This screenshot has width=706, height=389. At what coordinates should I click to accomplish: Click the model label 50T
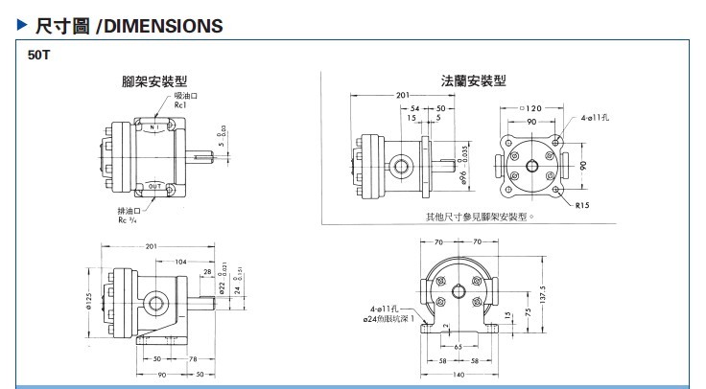[39, 56]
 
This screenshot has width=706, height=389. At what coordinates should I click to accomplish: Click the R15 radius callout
[583, 205]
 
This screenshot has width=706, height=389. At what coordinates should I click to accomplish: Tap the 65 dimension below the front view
[459, 346]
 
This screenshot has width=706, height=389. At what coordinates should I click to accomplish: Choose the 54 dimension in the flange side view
[415, 108]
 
